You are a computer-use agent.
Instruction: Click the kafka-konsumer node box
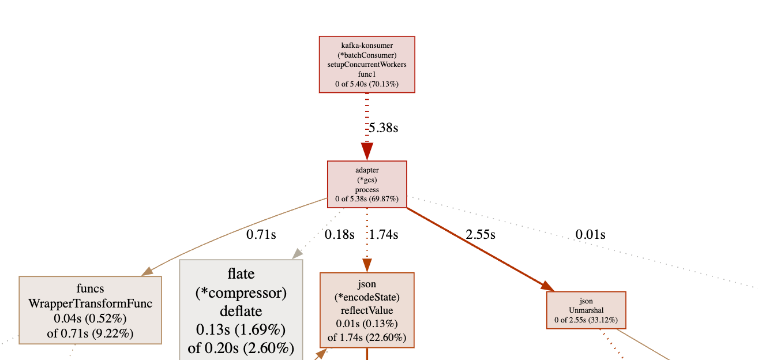(x=367, y=64)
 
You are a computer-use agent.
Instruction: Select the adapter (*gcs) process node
(x=367, y=184)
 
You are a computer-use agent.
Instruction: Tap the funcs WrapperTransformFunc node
(x=90, y=310)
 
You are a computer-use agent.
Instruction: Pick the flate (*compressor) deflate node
(x=241, y=310)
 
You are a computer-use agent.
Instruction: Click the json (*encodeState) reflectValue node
(x=367, y=310)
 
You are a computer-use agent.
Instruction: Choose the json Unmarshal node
(x=586, y=310)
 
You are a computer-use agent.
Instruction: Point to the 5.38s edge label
(x=383, y=127)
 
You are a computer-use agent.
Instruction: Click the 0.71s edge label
(x=261, y=234)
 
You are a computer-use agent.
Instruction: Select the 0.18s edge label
(x=339, y=234)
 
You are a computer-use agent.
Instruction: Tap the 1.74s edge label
(x=384, y=234)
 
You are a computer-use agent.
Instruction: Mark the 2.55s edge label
(x=480, y=234)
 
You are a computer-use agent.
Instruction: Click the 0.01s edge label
(x=590, y=234)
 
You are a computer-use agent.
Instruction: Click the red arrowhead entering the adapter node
(x=367, y=151)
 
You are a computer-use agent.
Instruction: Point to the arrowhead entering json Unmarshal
(x=547, y=286)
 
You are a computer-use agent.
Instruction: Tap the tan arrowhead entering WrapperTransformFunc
(x=148, y=271)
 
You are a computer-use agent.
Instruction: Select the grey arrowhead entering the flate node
(x=297, y=253)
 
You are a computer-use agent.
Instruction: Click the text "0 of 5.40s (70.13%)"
(x=367, y=84)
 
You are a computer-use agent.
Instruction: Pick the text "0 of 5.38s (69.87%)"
(x=367, y=199)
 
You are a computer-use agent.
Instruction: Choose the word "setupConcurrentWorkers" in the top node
(x=367, y=65)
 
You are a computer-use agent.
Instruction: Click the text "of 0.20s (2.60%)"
(x=241, y=348)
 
